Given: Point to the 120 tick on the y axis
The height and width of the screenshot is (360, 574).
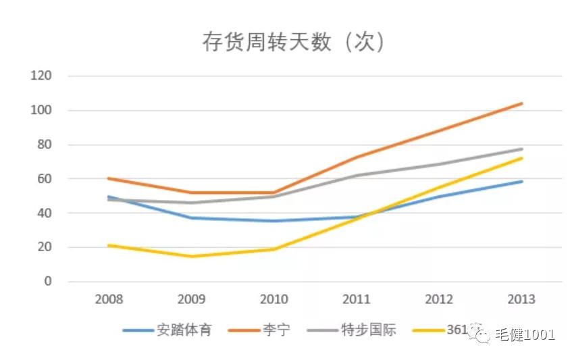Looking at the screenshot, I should (x=41, y=76).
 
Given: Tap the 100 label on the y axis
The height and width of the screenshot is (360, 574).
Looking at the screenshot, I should (x=41, y=110).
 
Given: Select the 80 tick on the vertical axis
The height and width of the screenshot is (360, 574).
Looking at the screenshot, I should (x=44, y=145).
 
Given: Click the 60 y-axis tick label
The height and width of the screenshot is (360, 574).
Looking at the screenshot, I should (x=44, y=179).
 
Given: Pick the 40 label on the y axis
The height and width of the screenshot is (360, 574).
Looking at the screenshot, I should (x=44, y=213).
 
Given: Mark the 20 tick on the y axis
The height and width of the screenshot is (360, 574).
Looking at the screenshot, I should (x=44, y=248).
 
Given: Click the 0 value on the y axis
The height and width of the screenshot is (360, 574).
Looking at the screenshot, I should (x=47, y=282).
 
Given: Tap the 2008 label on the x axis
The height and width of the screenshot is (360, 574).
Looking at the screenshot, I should (x=109, y=299).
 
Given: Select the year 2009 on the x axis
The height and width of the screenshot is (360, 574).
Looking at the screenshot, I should (x=191, y=299).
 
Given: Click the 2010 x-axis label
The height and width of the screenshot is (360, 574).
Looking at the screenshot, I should (x=274, y=299).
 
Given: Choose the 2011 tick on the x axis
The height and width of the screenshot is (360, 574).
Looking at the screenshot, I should (x=357, y=299).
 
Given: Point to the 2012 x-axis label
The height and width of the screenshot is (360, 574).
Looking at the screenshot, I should (x=439, y=299).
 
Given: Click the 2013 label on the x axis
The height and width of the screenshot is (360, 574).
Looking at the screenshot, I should (x=521, y=299).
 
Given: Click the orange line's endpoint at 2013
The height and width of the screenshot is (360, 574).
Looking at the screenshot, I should (x=521, y=103).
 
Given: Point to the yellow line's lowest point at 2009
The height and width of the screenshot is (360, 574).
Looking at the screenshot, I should (x=191, y=256).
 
